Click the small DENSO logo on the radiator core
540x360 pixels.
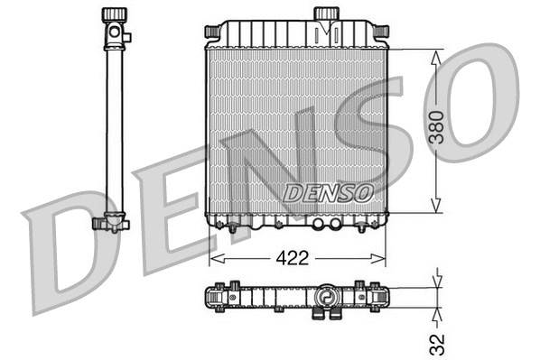point(328,192)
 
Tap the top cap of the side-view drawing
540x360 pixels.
point(114,15)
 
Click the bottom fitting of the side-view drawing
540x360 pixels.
point(110,223)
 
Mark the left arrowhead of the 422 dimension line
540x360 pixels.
point(213,258)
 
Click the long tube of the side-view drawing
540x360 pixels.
point(114,126)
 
